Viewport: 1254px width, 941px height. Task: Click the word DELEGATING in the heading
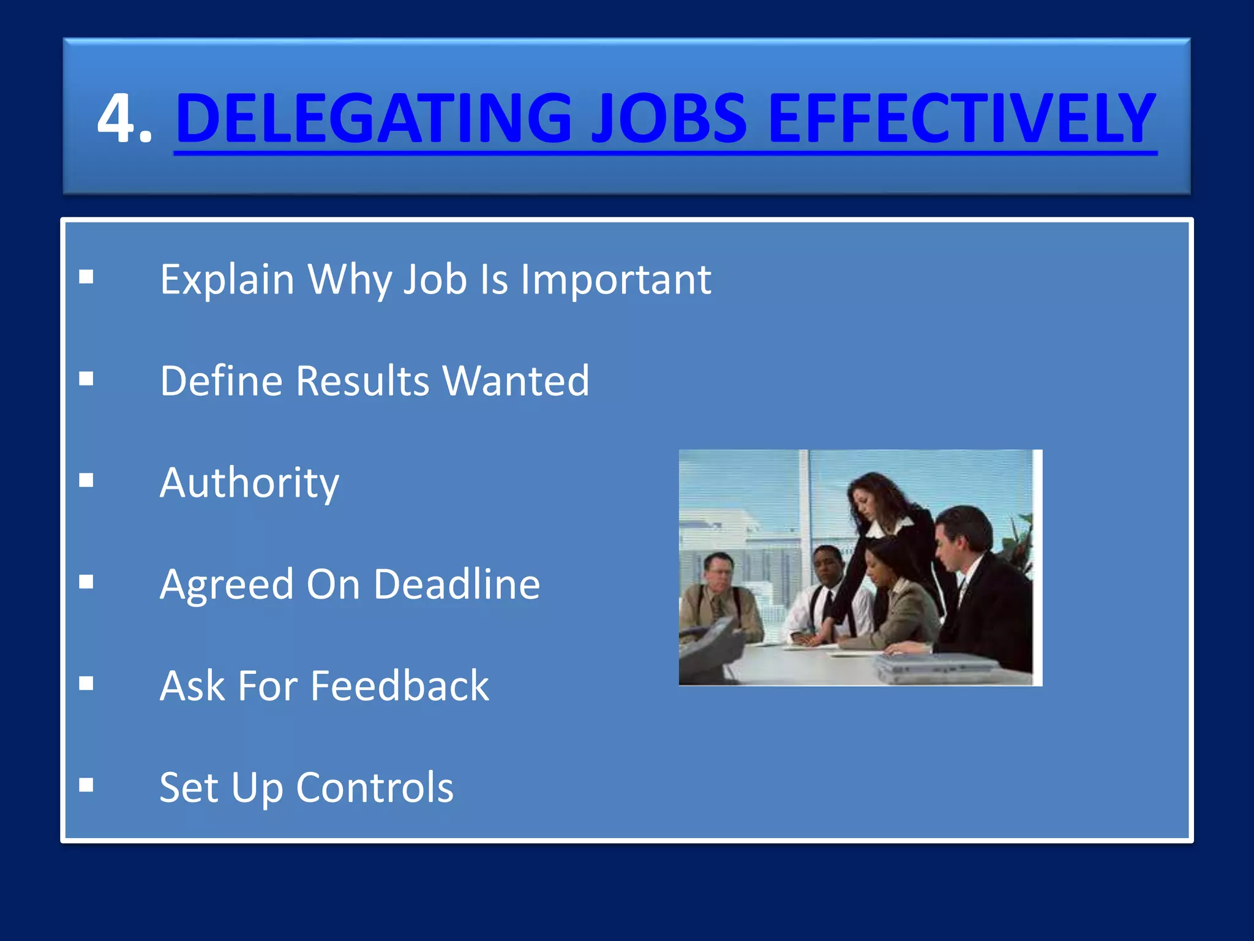pos(374,118)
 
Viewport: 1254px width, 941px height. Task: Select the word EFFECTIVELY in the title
pos(961,118)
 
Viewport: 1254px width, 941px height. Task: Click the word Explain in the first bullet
pos(227,280)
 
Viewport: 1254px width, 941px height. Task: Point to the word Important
pos(615,280)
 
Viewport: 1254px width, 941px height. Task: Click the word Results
pos(363,381)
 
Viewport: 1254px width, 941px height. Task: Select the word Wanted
pos(516,381)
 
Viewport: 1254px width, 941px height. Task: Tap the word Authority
pos(249,483)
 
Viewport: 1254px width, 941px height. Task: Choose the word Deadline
pos(457,584)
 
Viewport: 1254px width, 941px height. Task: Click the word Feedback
pos(400,686)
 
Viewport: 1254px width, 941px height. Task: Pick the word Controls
pos(375,787)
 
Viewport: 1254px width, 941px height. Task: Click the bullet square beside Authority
pos(86,480)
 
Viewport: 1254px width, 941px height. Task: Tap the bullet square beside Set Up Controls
pos(86,785)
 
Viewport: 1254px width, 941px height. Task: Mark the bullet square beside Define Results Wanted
pos(86,379)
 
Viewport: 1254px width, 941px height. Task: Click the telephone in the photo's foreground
pos(710,649)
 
